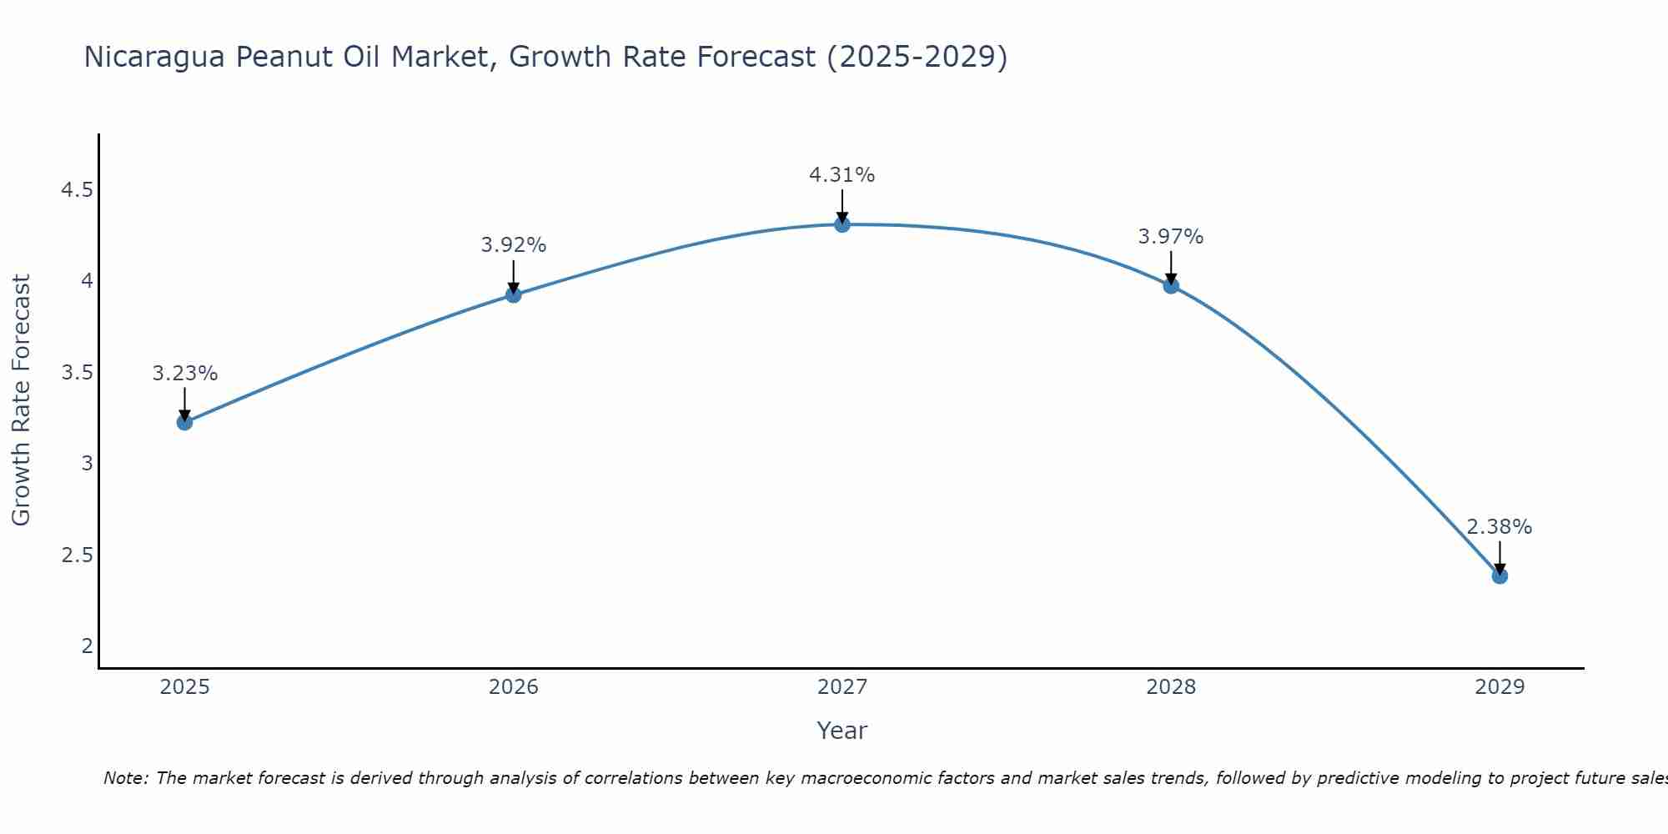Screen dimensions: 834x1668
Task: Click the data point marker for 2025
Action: (x=184, y=422)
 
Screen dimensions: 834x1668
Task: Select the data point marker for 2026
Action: (x=513, y=294)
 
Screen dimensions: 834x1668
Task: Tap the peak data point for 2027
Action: (x=842, y=224)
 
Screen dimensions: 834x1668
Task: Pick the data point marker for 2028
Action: (x=1171, y=285)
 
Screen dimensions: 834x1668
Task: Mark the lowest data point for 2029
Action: (x=1500, y=575)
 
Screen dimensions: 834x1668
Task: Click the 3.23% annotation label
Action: (x=184, y=374)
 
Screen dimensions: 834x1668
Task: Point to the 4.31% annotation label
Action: (x=842, y=175)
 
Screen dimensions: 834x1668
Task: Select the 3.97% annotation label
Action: (x=1171, y=237)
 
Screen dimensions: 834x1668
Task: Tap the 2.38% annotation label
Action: (x=1500, y=527)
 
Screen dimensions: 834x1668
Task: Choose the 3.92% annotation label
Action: (x=513, y=245)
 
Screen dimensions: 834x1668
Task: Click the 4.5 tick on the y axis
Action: (x=77, y=190)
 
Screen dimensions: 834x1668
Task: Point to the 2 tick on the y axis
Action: (x=87, y=646)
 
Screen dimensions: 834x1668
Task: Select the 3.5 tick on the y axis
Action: (x=77, y=372)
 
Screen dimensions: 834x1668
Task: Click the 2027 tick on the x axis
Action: (x=842, y=687)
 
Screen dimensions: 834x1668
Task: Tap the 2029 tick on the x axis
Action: (x=1500, y=687)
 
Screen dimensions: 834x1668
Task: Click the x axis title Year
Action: (x=842, y=731)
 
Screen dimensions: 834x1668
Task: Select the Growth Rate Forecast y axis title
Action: (x=21, y=400)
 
